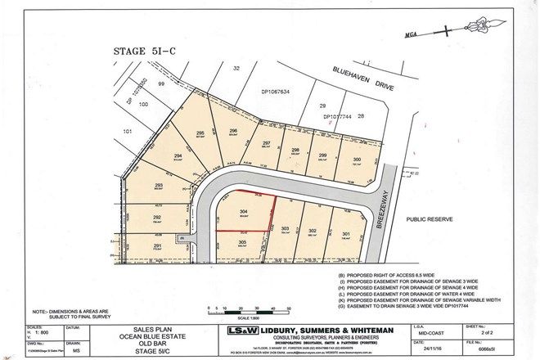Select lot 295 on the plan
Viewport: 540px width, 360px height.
tap(200, 133)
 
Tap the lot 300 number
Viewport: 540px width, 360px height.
tap(355, 160)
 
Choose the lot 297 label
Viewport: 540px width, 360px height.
tap(266, 143)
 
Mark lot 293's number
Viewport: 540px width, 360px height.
tap(159, 186)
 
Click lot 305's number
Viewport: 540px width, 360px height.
tap(244, 242)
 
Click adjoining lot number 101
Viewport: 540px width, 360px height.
tap(128, 130)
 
